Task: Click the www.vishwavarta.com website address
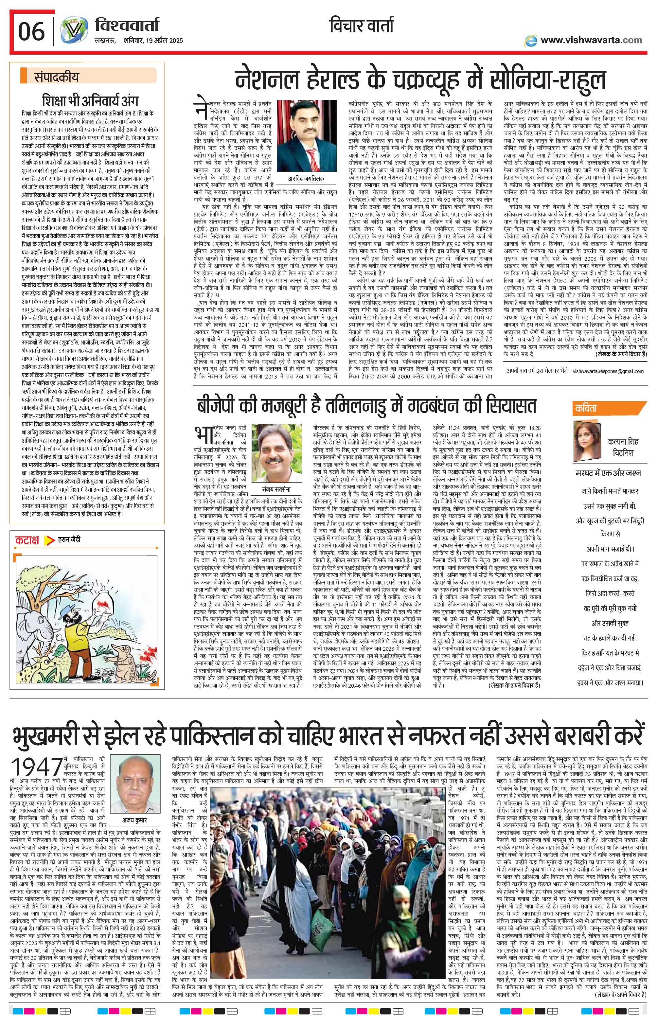click(591, 40)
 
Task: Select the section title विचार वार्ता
click(361, 26)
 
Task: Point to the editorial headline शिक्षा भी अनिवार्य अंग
click(90, 101)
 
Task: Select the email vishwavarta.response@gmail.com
click(608, 371)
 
